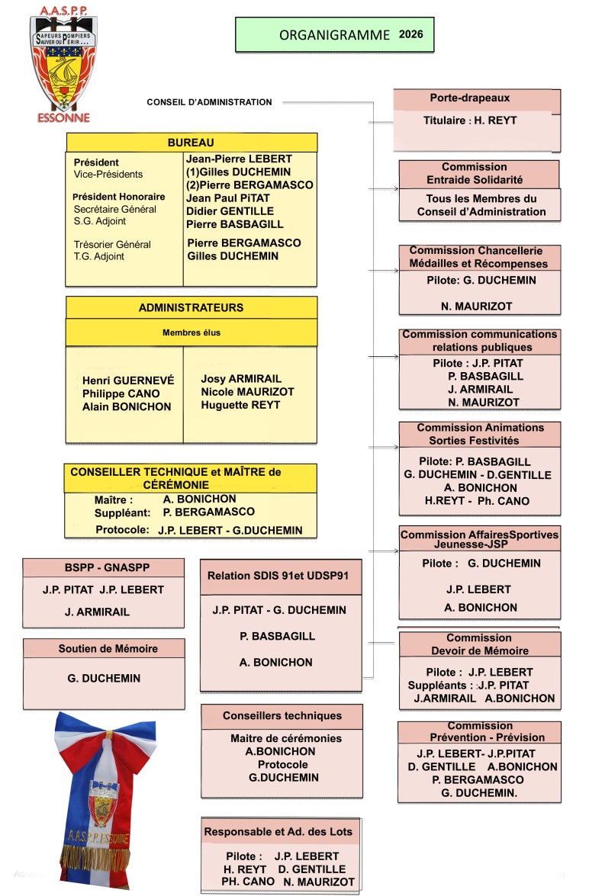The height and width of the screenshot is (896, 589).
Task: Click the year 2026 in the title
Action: click(410, 34)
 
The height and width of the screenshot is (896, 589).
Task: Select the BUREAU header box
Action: click(191, 143)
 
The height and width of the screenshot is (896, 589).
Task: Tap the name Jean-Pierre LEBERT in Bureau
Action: click(239, 159)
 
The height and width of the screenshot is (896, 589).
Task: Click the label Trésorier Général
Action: click(112, 245)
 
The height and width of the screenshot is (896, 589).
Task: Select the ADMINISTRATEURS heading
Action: click(191, 308)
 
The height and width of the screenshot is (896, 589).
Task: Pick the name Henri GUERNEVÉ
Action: click(128, 380)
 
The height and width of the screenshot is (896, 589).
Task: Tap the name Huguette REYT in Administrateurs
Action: click(240, 405)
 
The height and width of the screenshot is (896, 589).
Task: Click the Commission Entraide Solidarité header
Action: click(474, 173)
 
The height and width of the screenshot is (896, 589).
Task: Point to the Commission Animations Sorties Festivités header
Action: click(480, 434)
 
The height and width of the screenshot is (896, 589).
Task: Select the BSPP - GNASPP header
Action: click(103, 568)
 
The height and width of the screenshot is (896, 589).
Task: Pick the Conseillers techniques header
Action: click(282, 716)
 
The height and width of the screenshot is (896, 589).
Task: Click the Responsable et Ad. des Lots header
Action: click(278, 831)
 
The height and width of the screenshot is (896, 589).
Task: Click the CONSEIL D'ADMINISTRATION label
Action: click(198, 102)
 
